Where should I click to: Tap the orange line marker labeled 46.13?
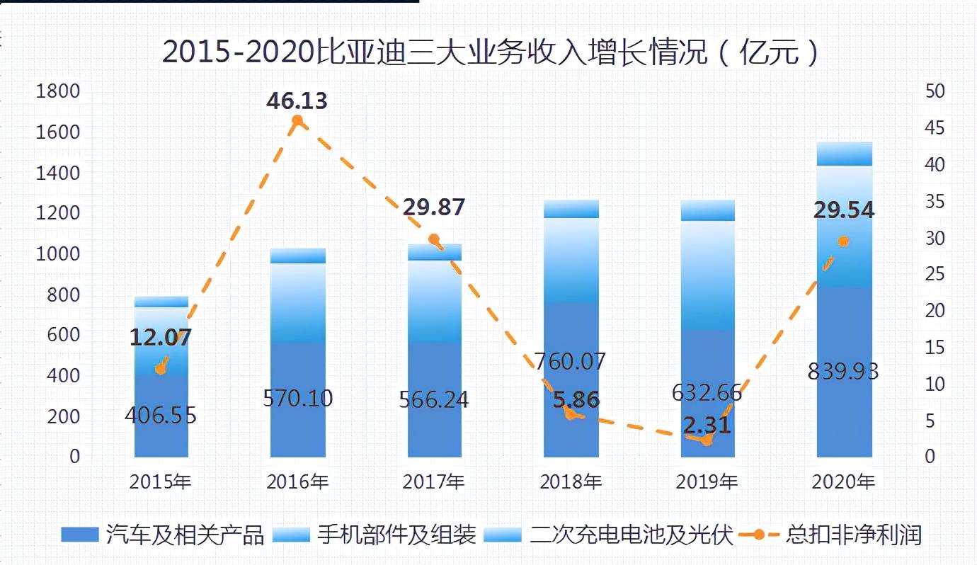[x=297, y=121]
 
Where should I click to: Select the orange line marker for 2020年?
[x=843, y=241]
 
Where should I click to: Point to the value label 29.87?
[x=433, y=207]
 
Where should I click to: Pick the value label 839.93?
[x=843, y=371]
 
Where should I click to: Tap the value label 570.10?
[x=297, y=399]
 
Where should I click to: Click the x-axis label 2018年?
[x=571, y=482]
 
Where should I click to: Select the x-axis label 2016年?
[x=297, y=482]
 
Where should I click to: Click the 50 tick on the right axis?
[x=935, y=91]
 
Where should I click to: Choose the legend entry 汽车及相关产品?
[x=163, y=535]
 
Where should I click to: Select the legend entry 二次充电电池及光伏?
[x=609, y=535]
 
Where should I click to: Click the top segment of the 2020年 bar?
[x=844, y=154]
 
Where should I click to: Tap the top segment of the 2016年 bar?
[x=297, y=256]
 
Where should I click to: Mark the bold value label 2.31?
[x=707, y=426]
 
